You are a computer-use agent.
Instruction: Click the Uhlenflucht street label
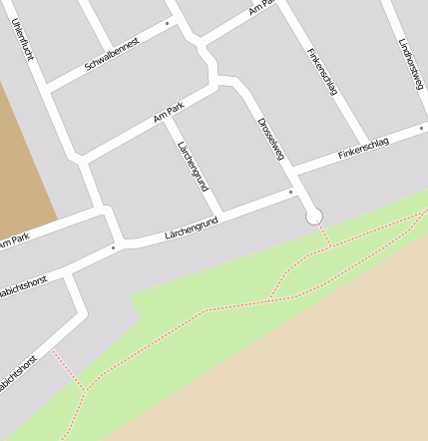(23, 38)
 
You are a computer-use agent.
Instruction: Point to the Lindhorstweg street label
(408, 65)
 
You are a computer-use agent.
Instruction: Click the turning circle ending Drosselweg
(314, 216)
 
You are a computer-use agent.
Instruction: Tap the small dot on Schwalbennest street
(168, 21)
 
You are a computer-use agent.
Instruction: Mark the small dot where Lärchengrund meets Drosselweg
(290, 191)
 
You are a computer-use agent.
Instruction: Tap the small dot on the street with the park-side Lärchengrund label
(114, 246)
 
